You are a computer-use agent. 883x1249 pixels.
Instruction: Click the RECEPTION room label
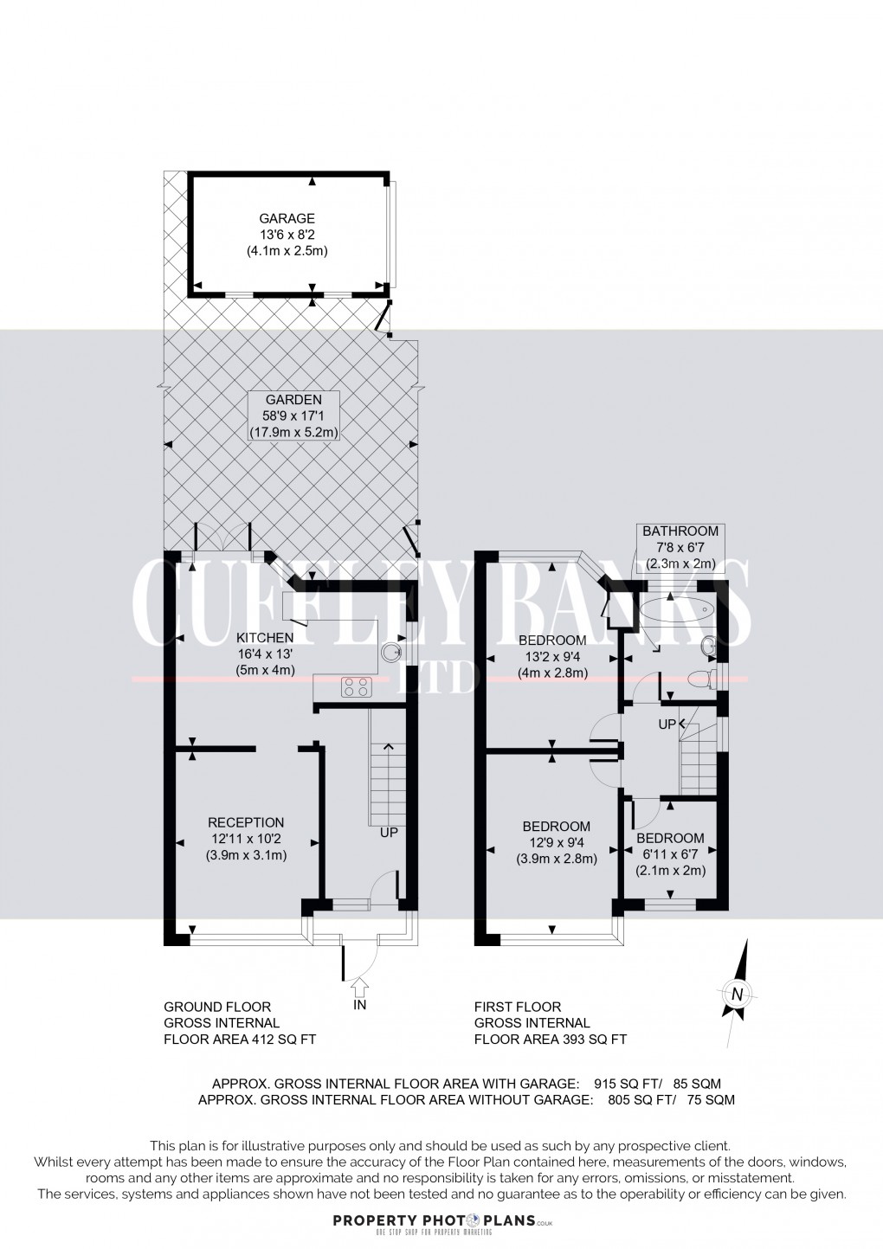[x=246, y=822]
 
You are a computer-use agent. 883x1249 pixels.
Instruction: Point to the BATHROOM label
[x=680, y=531]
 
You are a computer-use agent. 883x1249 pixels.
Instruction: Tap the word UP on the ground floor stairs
[x=389, y=833]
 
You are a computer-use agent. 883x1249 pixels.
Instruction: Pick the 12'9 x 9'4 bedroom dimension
[x=557, y=843]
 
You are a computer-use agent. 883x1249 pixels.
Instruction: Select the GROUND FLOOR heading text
[x=217, y=1007]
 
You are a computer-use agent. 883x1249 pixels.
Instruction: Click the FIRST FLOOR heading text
[x=518, y=1007]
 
